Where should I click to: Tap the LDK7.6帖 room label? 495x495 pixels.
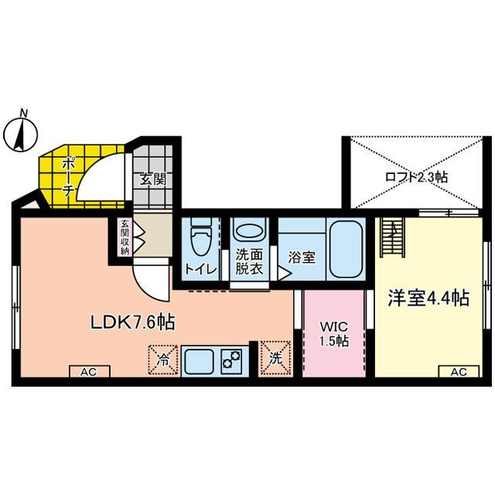tap(132, 323)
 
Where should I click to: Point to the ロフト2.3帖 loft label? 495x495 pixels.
tap(416, 177)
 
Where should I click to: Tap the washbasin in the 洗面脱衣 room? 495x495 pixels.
tap(248, 231)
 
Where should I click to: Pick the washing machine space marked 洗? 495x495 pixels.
tap(275, 358)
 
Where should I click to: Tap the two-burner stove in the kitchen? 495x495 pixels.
tap(232, 360)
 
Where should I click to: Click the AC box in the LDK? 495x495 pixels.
tap(87, 372)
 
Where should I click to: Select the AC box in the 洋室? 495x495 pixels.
tap(458, 372)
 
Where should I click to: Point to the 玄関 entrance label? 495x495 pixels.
tap(152, 179)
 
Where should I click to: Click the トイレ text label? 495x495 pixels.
tap(200, 269)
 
